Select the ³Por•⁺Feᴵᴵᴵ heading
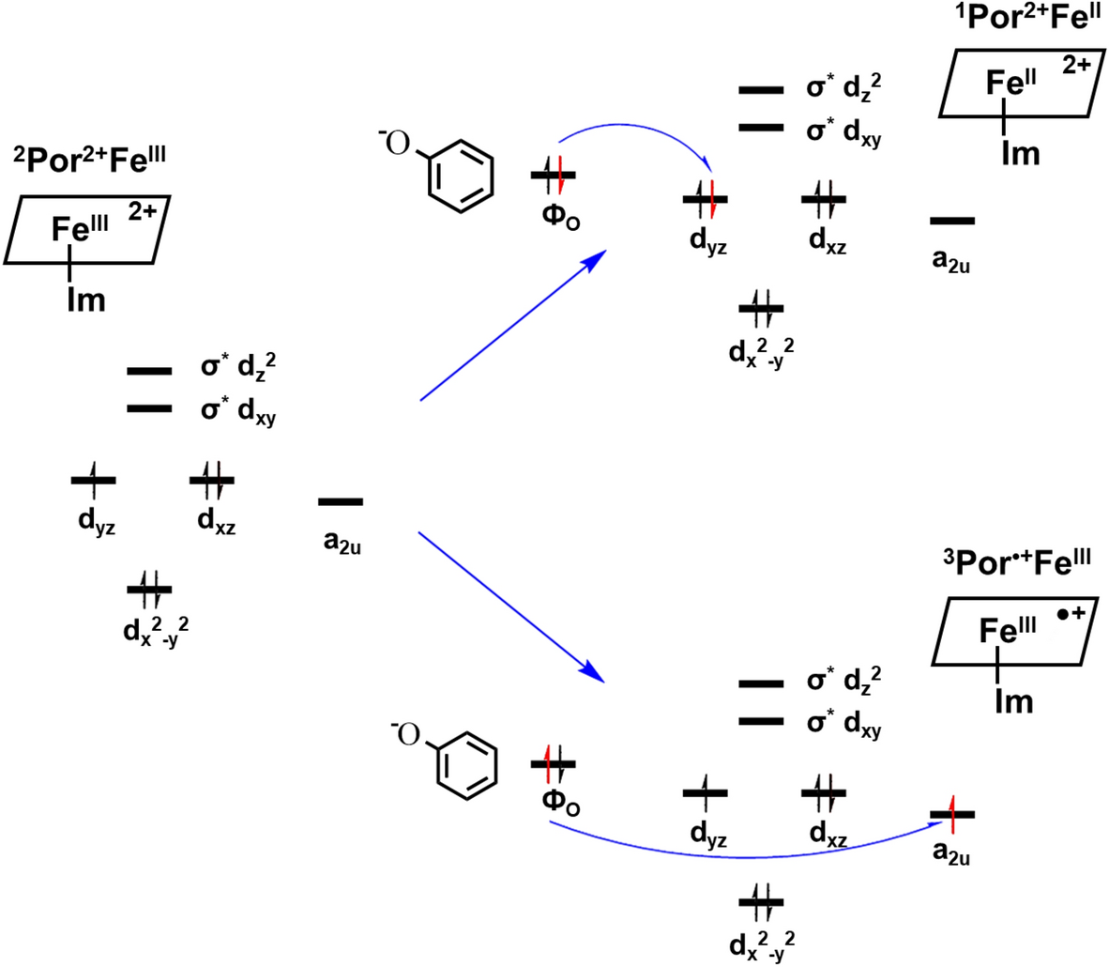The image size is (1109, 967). click(x=1017, y=563)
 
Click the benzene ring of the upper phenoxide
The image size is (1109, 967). click(x=460, y=176)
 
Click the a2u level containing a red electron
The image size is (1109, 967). click(x=951, y=814)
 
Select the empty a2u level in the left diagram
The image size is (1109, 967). click(x=340, y=502)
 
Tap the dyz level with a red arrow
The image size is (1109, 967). click(x=705, y=198)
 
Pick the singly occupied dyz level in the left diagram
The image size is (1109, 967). click(x=93, y=480)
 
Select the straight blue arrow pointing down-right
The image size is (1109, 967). click(x=511, y=606)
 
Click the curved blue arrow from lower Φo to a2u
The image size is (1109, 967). click(x=741, y=856)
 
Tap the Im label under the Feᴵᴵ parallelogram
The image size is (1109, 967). click(x=1019, y=152)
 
